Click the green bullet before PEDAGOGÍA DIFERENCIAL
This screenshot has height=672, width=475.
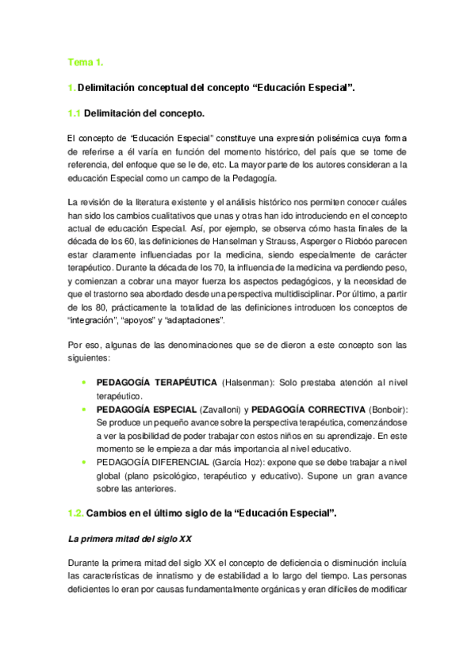[x=84, y=460]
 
